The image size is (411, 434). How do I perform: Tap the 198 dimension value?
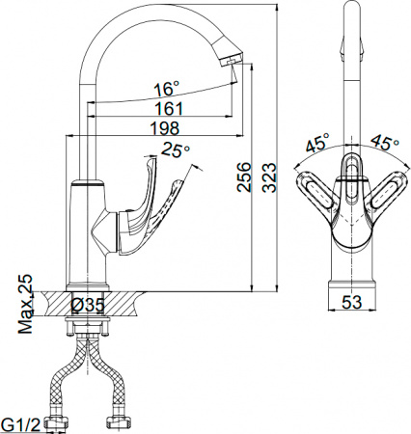coord(166,129)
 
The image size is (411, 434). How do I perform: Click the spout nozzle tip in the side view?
coord(233,60)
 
